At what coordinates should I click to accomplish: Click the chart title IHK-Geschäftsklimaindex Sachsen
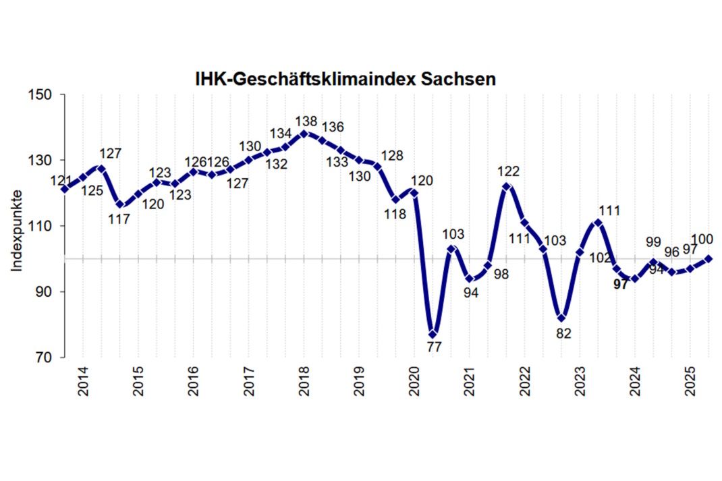pyautogui.click(x=345, y=79)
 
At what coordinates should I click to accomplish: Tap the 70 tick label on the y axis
pyautogui.click(x=45, y=358)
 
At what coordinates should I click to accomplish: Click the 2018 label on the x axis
pyautogui.click(x=304, y=382)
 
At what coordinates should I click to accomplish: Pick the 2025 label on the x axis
pyautogui.click(x=690, y=382)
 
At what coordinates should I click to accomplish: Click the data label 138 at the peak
pyautogui.click(x=306, y=121)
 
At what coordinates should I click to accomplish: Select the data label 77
pyautogui.click(x=433, y=348)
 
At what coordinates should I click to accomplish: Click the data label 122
pyautogui.click(x=510, y=171)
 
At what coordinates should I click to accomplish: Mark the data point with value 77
pyautogui.click(x=433, y=334)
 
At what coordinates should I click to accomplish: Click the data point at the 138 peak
pyautogui.click(x=304, y=134)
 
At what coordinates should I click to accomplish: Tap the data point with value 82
pyautogui.click(x=561, y=318)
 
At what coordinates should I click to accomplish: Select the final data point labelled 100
pyautogui.click(x=709, y=258)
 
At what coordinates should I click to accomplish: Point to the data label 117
pyautogui.click(x=119, y=219)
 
